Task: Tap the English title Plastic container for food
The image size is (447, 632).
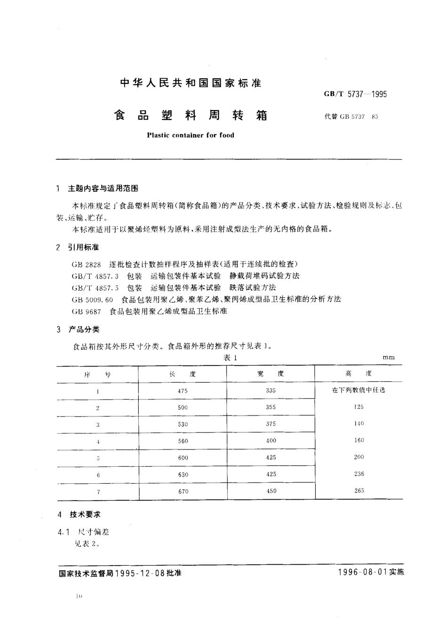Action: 191,135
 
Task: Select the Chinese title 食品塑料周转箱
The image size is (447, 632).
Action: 191,115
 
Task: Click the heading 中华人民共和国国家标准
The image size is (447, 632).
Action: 191,84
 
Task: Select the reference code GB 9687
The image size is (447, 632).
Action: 87,311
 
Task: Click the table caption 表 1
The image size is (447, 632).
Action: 229,358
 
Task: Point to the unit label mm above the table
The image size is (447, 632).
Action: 389,358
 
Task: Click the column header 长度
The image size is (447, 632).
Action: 183,374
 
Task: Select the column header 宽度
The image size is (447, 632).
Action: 271,374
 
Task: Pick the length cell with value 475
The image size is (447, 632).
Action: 183,391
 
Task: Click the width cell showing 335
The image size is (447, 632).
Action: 271,391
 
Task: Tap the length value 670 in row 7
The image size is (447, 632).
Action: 183,491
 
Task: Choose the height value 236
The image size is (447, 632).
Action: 359,474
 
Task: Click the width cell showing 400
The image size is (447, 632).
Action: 271,440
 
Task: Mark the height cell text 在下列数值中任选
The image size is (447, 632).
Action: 359,391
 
